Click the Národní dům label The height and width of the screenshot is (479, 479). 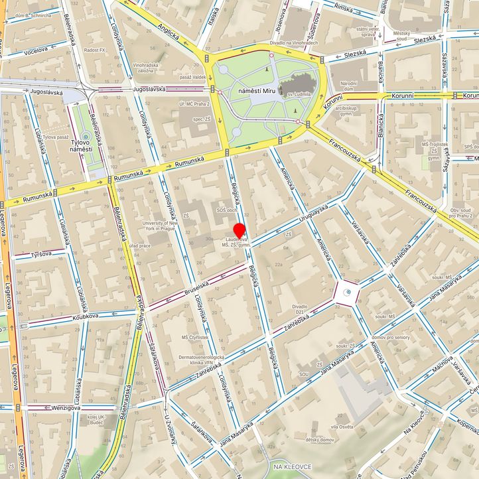[x=349, y=86]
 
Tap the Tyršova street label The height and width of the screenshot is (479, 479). [x=40, y=254]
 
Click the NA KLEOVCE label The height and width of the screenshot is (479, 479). [x=292, y=467]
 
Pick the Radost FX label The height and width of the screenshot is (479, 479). [x=96, y=49]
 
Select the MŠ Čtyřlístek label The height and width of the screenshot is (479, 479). [x=196, y=337]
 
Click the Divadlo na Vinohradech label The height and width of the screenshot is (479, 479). [x=293, y=43]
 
